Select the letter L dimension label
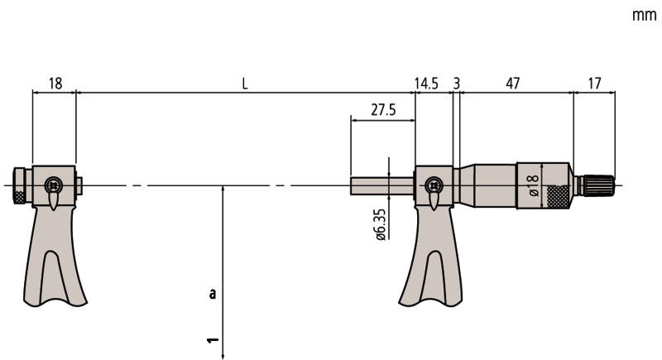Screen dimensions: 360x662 (245, 84)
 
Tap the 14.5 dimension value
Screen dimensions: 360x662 (427, 84)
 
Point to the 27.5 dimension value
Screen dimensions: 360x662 (382, 109)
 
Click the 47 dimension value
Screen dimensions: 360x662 (514, 84)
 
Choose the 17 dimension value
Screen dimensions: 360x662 (593, 84)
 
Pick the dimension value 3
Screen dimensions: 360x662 (456, 84)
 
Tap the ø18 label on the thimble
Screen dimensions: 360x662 (534, 185)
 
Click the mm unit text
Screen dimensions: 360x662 (643, 15)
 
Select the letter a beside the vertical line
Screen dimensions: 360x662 (213, 293)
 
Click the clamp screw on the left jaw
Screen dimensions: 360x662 (54, 185)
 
